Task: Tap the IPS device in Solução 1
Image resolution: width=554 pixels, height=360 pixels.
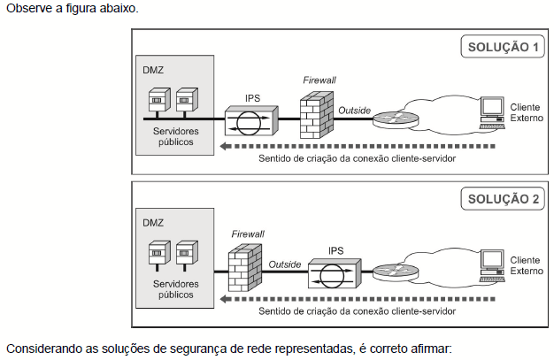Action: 252,118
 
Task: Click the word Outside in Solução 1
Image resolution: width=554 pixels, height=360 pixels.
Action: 353,110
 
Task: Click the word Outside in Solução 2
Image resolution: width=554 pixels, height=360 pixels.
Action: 286,264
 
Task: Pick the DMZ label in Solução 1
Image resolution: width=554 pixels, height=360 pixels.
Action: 152,68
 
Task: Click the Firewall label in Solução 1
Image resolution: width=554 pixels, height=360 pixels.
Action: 319,80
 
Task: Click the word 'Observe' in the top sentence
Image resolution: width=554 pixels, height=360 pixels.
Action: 27,9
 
